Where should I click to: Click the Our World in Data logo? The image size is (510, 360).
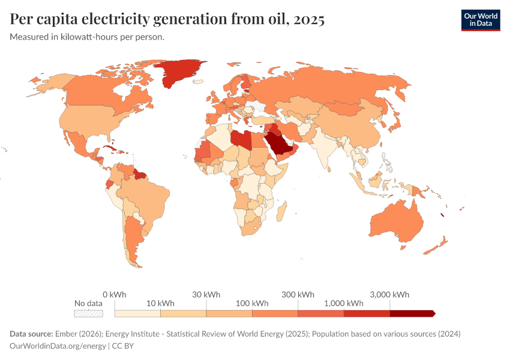480,19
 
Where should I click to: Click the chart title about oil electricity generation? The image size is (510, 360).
167,20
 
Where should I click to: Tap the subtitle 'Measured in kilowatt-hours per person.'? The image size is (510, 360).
87,37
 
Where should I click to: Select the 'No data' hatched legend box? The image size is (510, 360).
88,313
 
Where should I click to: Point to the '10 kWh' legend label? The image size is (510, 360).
160,303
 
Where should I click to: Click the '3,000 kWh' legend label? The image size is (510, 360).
389,295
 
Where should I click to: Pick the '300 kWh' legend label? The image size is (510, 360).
298,295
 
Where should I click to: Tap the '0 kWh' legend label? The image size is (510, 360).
114,295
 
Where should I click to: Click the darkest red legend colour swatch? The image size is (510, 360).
412,313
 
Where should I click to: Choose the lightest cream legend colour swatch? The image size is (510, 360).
137,313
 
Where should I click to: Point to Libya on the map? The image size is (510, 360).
241,139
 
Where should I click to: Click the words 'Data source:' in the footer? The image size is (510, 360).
31,334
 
